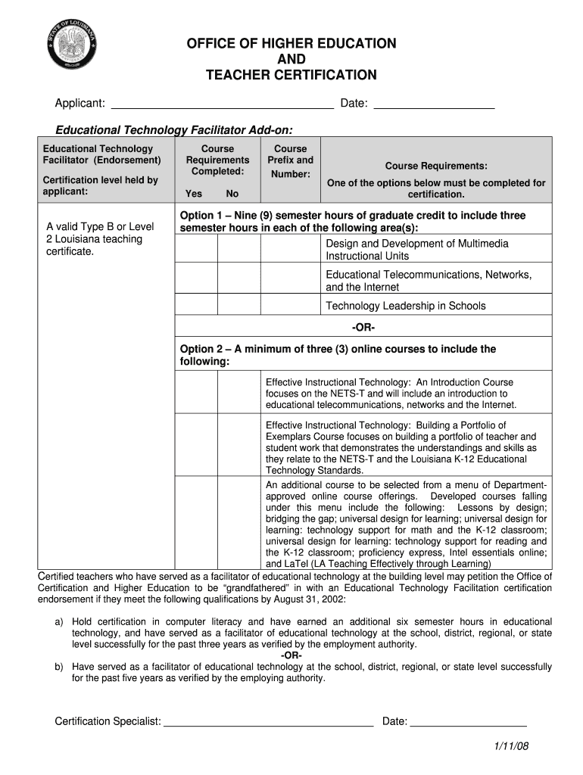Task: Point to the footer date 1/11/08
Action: pos(511,746)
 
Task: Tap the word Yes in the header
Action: pos(194,194)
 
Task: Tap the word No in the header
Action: pos(232,194)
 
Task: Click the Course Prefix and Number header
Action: pos(290,161)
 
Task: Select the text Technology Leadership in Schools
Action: pos(405,306)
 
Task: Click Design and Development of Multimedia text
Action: pos(416,244)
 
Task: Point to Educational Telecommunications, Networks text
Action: pos(428,274)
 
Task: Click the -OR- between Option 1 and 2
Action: pos(363,328)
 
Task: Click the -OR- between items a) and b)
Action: pos(291,655)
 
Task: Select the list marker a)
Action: pos(58,622)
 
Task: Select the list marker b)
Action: pos(58,667)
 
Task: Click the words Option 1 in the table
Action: pos(201,216)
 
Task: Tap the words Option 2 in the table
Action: pos(201,349)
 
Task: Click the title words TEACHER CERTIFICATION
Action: pos(291,75)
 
